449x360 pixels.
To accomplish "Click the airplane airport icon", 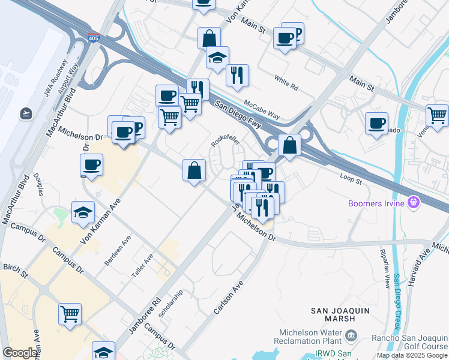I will tap(26, 112).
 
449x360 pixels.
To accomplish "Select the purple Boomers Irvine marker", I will tap(412, 203).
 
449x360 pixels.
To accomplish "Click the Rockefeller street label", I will tap(225, 140).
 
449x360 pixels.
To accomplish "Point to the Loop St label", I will tap(351, 178).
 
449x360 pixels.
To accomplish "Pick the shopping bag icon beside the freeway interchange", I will tap(289, 146).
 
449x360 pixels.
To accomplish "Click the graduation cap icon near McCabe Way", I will tap(217, 58).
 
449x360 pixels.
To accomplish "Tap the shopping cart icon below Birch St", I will tap(70, 314).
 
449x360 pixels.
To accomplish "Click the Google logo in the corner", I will tap(20, 353).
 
